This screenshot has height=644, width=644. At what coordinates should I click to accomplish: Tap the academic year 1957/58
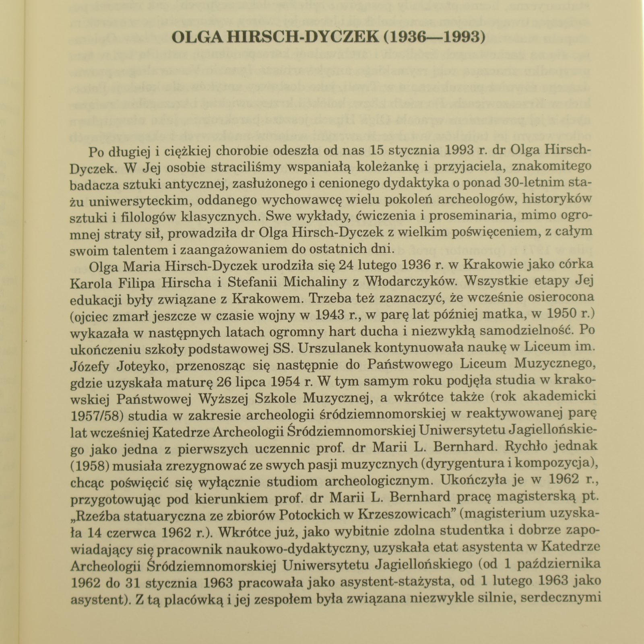click(x=97, y=415)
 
